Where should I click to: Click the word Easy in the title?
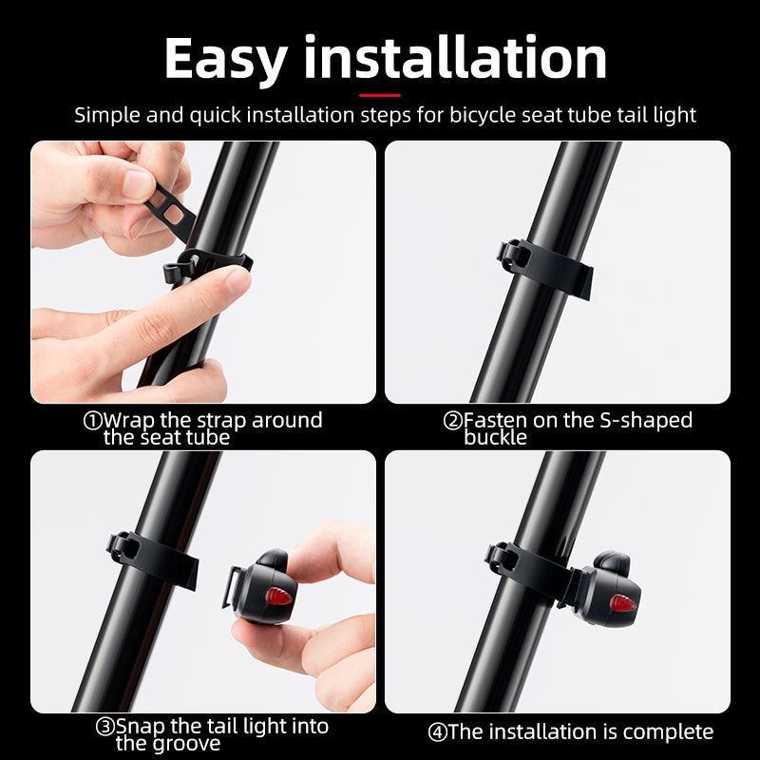(x=224, y=59)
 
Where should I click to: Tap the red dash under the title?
(x=379, y=94)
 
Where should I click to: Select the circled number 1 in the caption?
(x=92, y=420)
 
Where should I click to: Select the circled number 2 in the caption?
(x=452, y=420)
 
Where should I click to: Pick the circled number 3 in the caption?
(x=105, y=727)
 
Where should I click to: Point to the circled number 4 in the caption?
(x=436, y=731)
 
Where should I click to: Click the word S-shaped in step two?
(x=645, y=420)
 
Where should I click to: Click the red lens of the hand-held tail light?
(x=278, y=597)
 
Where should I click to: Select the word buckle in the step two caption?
(x=494, y=437)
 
